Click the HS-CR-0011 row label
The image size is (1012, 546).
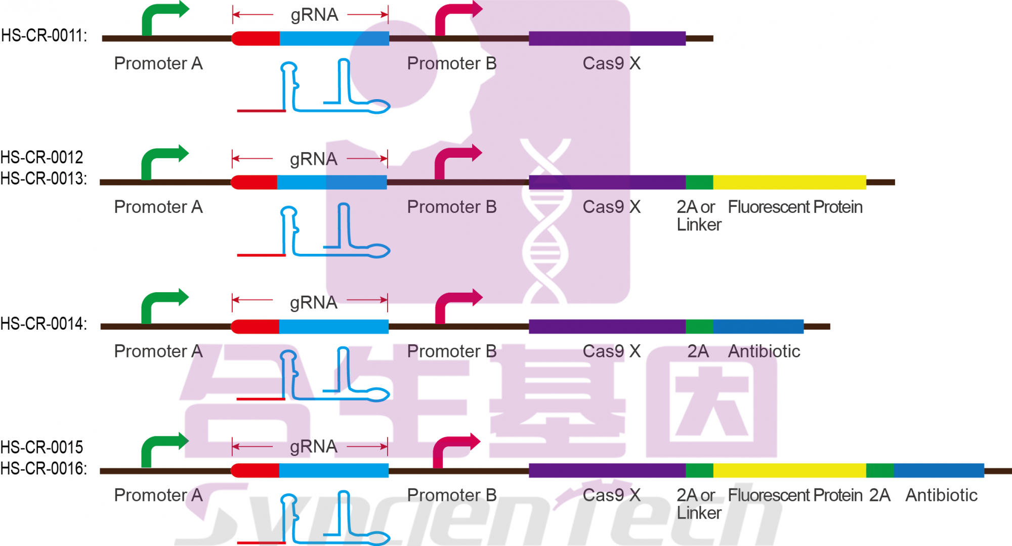pyautogui.click(x=44, y=36)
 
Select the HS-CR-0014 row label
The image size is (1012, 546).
pyautogui.click(x=44, y=324)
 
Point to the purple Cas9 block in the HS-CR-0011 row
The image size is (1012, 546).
pyautogui.click(x=607, y=38)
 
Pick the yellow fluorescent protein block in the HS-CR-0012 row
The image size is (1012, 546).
pyautogui.click(x=789, y=182)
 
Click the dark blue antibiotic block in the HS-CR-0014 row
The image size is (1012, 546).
pyautogui.click(x=758, y=327)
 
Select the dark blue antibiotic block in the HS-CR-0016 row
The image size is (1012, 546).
pyautogui.click(x=939, y=471)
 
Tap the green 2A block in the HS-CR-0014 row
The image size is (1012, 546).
pyautogui.click(x=699, y=327)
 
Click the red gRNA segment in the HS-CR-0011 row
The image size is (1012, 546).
pyautogui.click(x=256, y=38)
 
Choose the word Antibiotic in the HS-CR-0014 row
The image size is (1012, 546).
pyautogui.click(x=764, y=351)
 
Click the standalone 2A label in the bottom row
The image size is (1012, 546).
pyautogui.click(x=880, y=495)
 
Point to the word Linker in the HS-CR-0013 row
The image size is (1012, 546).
pyautogui.click(x=699, y=225)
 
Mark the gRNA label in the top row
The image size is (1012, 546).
pyautogui.click(x=314, y=15)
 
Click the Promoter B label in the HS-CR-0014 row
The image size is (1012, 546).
pyautogui.click(x=452, y=351)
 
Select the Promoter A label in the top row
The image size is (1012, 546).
pyautogui.click(x=158, y=64)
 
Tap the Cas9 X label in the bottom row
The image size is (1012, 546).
pyautogui.click(x=612, y=495)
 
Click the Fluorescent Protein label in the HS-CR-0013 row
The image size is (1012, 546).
pyautogui.click(x=795, y=207)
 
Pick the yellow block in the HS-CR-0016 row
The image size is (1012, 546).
pyautogui.click(x=789, y=471)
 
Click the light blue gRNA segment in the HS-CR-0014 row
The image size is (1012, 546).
pyautogui.click(x=334, y=327)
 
